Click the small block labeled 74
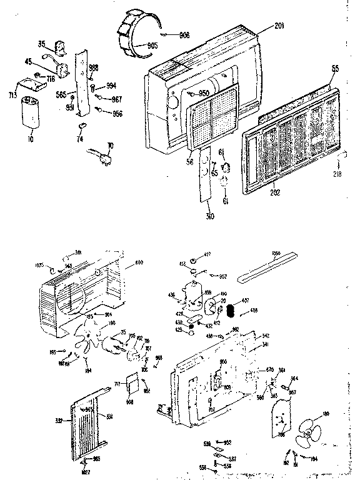[x=80, y=126]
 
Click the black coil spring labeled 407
[x=230, y=310]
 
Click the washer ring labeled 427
[x=194, y=259]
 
